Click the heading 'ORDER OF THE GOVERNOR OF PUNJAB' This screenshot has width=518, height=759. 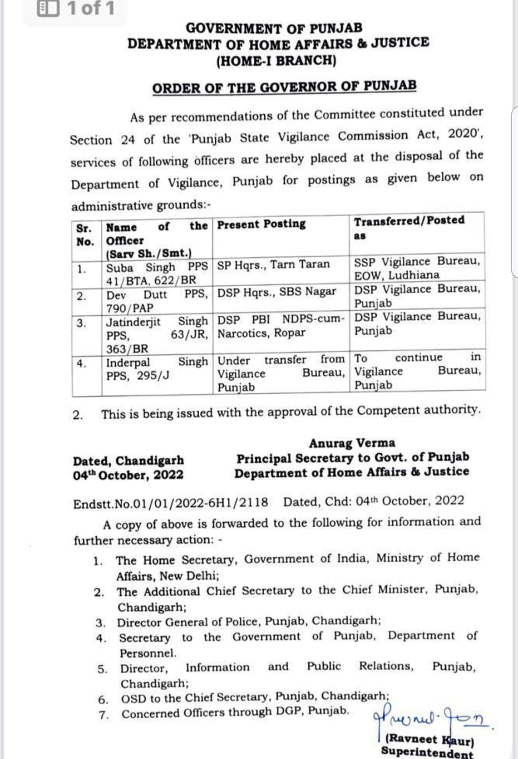pyautogui.click(x=284, y=87)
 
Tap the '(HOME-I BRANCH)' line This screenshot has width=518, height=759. pyautogui.click(x=276, y=61)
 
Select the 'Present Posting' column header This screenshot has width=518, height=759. pyautogui.click(x=261, y=224)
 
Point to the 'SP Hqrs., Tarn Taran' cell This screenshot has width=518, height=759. pyautogui.click(x=273, y=265)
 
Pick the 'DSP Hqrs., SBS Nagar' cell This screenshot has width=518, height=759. pyautogui.click(x=277, y=292)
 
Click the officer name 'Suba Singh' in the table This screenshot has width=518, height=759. pyautogui.click(x=141, y=267)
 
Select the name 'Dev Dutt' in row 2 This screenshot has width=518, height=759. pyautogui.click(x=136, y=295)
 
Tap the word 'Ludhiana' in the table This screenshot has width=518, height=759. pyautogui.click(x=414, y=276)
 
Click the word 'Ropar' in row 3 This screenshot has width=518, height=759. pyautogui.click(x=289, y=333)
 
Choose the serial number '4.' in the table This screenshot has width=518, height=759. pyautogui.click(x=82, y=363)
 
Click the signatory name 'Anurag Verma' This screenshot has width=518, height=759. pyautogui.click(x=352, y=443)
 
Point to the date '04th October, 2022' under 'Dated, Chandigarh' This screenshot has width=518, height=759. pyautogui.click(x=128, y=475)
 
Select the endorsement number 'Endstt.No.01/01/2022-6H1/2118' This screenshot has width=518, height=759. pyautogui.click(x=171, y=503)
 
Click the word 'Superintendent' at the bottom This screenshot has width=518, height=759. pyautogui.click(x=427, y=752)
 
